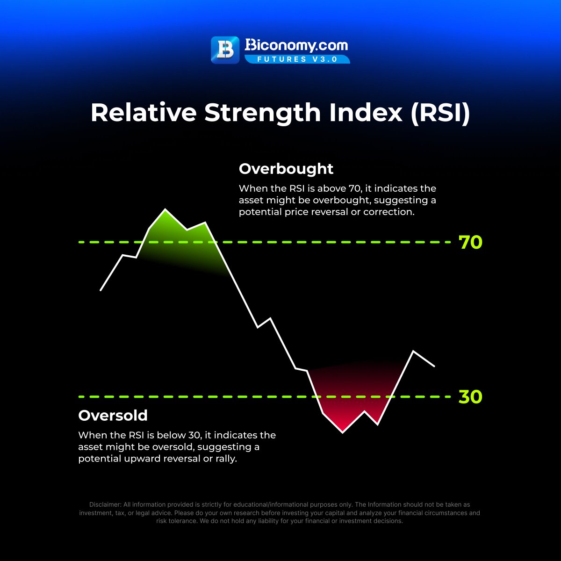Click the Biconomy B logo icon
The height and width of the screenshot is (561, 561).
pyautogui.click(x=225, y=50)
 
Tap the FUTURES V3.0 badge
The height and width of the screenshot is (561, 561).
pyautogui.click(x=297, y=59)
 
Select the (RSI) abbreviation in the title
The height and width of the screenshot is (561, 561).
pyautogui.click(x=440, y=113)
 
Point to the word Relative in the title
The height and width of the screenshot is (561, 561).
pyautogui.click(x=143, y=113)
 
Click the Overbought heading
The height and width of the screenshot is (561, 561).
pyautogui.click(x=286, y=169)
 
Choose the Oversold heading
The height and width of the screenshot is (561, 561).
pyautogui.click(x=113, y=416)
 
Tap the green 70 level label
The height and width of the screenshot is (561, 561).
pyautogui.click(x=470, y=243)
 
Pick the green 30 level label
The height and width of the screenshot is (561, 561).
pyautogui.click(x=470, y=397)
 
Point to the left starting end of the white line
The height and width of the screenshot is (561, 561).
pyautogui.click(x=101, y=290)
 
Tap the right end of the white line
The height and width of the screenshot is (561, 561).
pyautogui.click(x=435, y=366)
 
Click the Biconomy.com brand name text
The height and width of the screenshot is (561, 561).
pyautogui.click(x=296, y=46)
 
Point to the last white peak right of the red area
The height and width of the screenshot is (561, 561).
pyautogui.click(x=413, y=351)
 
